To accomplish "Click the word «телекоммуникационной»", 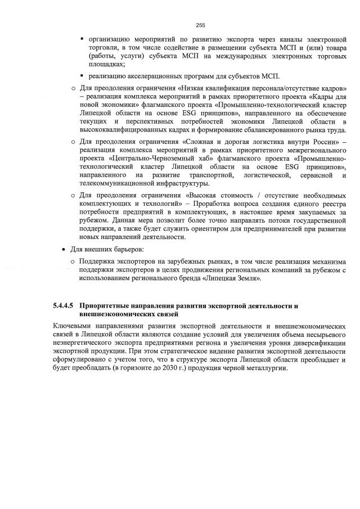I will [x=116, y=183].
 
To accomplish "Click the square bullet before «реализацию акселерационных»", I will [x=82, y=76].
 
